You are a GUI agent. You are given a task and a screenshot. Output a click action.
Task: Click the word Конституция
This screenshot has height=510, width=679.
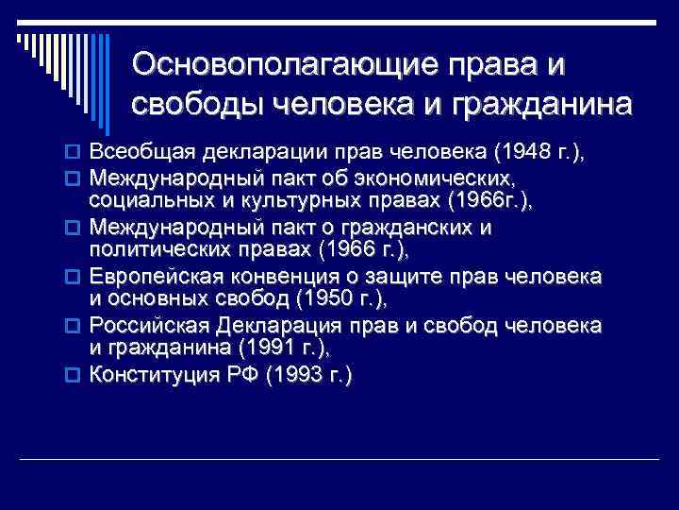pos(149,375)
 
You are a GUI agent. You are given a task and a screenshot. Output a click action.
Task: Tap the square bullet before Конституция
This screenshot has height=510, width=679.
pos(77,376)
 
